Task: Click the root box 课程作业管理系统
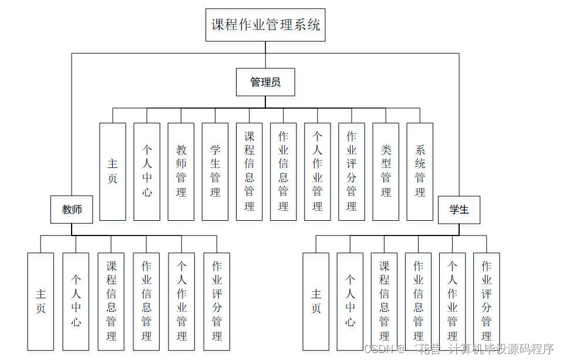point(265,25)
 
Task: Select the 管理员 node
point(265,82)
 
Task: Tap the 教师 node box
point(72,210)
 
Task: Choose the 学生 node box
point(459,210)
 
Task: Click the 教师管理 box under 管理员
point(181,171)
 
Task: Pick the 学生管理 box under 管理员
point(215,171)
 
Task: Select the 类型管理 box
point(386,171)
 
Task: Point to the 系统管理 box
point(420,171)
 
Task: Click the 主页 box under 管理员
point(113,171)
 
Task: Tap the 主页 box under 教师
point(41,301)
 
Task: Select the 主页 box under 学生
point(316,301)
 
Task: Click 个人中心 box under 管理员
point(147,171)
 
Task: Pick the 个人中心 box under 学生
point(350,301)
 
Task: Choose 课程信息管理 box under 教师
point(111,301)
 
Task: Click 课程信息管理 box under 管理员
point(249,171)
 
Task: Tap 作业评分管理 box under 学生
point(486,301)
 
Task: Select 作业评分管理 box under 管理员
point(352,171)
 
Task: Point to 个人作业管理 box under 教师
point(181,301)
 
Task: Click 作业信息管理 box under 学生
point(418,301)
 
